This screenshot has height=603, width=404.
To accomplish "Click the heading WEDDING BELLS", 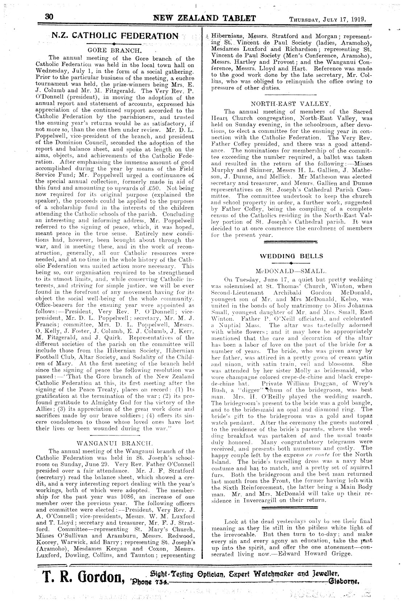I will point(291,256).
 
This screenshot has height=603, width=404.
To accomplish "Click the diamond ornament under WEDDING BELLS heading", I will point(291,263).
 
